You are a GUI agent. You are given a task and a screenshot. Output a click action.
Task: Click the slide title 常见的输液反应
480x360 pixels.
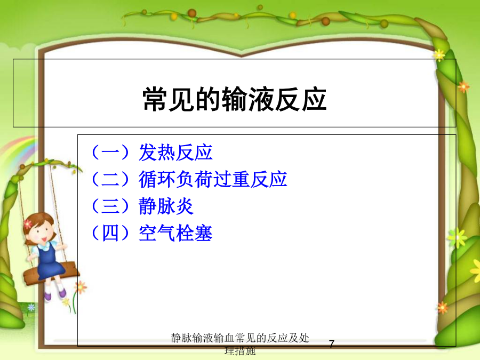[x=235, y=99]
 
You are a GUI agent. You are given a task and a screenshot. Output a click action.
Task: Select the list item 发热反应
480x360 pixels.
[x=175, y=153]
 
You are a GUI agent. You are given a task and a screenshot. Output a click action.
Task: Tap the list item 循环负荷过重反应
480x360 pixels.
[x=213, y=179]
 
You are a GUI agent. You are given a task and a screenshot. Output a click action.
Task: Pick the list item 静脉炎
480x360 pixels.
[x=166, y=206]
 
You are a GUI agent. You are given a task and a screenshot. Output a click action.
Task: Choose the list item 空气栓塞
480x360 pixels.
[x=175, y=233]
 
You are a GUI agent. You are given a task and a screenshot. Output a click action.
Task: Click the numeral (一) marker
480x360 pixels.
[x=110, y=153]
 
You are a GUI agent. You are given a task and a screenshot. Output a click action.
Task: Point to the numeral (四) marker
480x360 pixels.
[x=110, y=233]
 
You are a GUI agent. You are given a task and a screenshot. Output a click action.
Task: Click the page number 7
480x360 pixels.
[x=332, y=344]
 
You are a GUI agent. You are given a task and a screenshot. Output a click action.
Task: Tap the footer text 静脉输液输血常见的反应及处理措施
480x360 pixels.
[x=240, y=345]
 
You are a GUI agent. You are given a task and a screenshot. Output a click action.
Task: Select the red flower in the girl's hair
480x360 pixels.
[x=28, y=224]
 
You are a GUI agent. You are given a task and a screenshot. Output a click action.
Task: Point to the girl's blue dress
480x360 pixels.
[x=50, y=261]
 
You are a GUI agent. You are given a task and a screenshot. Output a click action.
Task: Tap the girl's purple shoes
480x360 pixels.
[x=55, y=294]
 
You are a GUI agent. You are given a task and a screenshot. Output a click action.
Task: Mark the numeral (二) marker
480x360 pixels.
[x=110, y=179]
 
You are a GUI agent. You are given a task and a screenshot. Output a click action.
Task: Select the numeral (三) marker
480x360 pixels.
[x=110, y=206]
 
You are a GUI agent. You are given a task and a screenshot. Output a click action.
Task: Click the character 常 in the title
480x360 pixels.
[x=155, y=99]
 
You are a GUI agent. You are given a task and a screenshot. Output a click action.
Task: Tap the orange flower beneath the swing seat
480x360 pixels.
[x=81, y=287]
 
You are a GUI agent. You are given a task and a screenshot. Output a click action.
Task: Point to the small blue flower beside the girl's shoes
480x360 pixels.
[x=31, y=307]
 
